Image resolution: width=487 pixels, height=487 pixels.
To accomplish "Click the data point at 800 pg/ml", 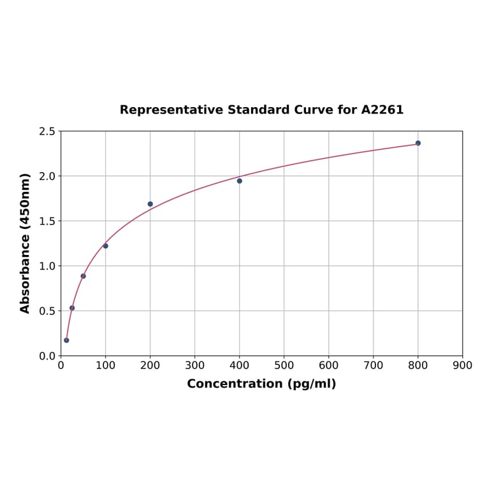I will tap(418, 143).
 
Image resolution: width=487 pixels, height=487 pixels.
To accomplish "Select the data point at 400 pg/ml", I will tap(240, 181).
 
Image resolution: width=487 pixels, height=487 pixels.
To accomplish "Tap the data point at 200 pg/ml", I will tap(150, 204).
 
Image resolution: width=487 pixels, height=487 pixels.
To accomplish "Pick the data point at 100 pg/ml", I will tap(106, 246).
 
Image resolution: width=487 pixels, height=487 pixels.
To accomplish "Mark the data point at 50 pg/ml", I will tap(84, 276).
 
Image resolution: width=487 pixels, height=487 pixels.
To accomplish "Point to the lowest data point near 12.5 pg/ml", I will tap(66, 340).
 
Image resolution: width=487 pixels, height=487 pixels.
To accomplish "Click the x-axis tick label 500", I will tap(284, 366).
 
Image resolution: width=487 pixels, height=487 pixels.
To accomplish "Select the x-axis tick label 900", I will tap(463, 366).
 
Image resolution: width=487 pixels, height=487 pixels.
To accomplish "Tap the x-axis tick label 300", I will tap(195, 366).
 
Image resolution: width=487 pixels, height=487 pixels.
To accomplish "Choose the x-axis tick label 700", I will tap(374, 366).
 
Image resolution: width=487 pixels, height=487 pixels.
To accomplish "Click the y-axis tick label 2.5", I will tap(47, 131).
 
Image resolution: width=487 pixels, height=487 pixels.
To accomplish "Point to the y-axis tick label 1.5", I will tap(47, 221).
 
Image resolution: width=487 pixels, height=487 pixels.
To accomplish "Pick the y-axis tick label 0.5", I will tap(47, 311).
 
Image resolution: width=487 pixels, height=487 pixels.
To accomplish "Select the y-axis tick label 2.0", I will tap(47, 176).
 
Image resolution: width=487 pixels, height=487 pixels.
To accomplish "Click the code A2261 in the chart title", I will tap(382, 110).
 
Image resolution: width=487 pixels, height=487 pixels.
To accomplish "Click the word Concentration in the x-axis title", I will tap(234, 384).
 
